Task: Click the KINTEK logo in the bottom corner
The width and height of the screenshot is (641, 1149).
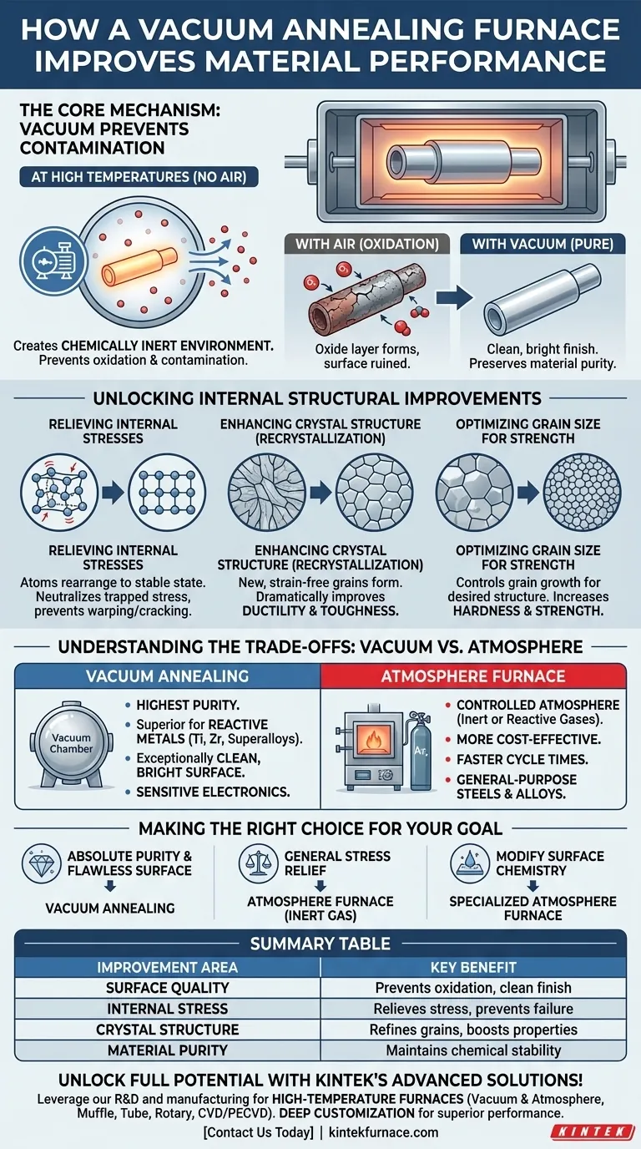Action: pyautogui.click(x=593, y=1132)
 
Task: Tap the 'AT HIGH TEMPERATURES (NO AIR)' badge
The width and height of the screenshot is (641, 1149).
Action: pyautogui.click(x=139, y=177)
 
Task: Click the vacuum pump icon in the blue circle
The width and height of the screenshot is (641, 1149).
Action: pyautogui.click(x=54, y=261)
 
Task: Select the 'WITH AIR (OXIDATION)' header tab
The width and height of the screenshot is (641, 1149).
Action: pyautogui.click(x=367, y=244)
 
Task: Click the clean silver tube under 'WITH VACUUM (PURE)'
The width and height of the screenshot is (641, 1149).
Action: pyautogui.click(x=542, y=300)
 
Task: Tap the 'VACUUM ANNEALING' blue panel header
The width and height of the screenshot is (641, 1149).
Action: pyautogui.click(x=167, y=676)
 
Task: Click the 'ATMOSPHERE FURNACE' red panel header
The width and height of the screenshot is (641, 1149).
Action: pyautogui.click(x=472, y=676)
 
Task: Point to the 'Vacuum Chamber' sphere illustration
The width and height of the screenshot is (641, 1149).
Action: pyautogui.click(x=71, y=744)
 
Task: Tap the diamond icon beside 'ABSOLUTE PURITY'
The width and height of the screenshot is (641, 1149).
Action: pyautogui.click(x=42, y=863)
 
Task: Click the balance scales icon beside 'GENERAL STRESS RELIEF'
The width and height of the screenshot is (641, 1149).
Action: pyautogui.click(x=259, y=863)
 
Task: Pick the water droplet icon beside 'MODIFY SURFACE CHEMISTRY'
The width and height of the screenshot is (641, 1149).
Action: pyautogui.click(x=470, y=863)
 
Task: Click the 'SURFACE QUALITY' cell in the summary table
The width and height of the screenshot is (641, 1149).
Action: pyautogui.click(x=167, y=987)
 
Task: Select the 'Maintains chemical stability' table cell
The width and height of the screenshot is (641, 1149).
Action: pyautogui.click(x=472, y=1050)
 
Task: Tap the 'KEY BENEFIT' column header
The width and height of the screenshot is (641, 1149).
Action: pyautogui.click(x=472, y=968)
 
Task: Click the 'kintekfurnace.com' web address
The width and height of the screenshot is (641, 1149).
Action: pyautogui.click(x=383, y=1132)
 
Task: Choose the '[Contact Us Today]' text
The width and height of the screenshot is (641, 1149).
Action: pyautogui.click(x=258, y=1132)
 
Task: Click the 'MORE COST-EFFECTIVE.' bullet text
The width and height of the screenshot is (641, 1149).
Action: pyautogui.click(x=528, y=739)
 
